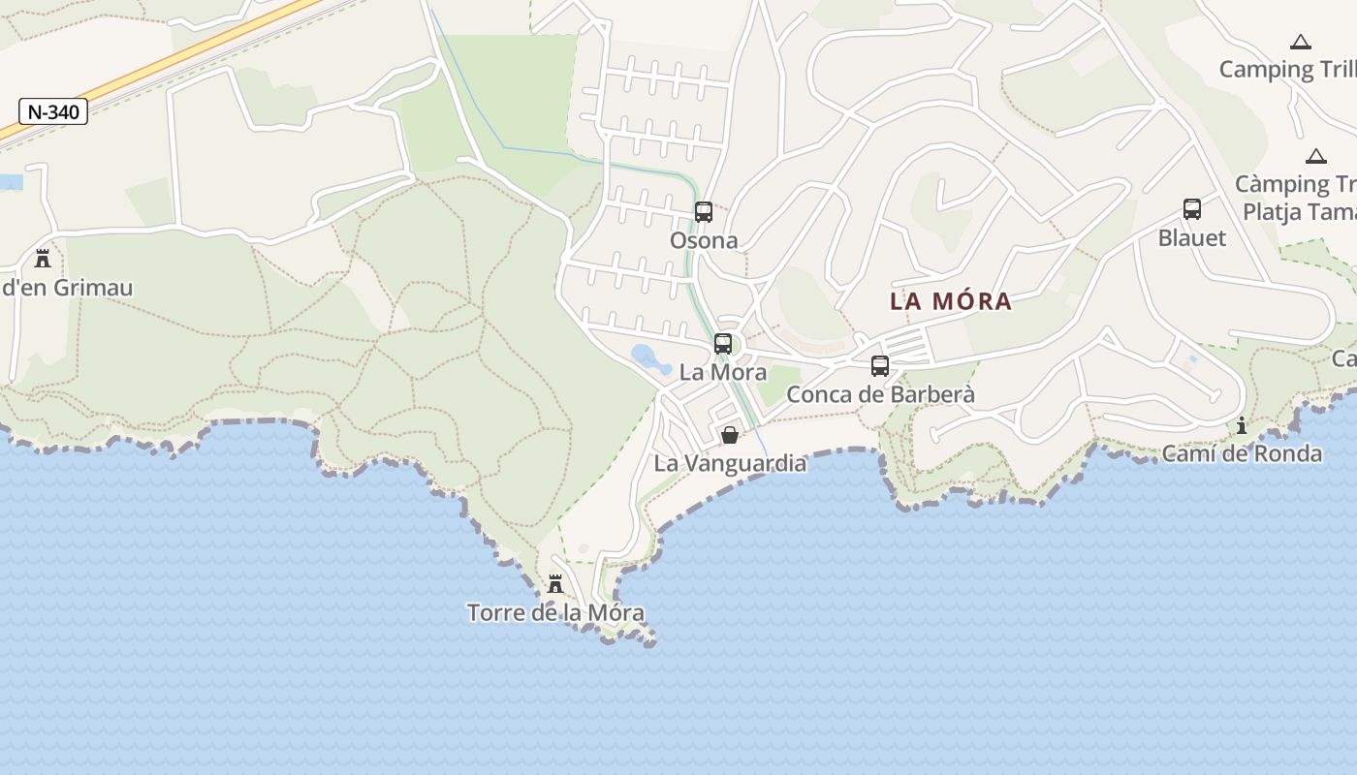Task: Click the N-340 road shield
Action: (53, 111)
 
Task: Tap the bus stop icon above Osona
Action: (704, 211)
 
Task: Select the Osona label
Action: (704, 240)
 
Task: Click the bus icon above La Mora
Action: (723, 343)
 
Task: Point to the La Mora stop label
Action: (723, 372)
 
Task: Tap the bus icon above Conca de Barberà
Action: (880, 365)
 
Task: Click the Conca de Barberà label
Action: (880, 394)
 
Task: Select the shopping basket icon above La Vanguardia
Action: (730, 435)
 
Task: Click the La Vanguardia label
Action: (730, 463)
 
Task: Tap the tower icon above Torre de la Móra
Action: (555, 584)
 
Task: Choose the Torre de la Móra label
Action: (555, 612)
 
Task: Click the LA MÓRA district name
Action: (951, 301)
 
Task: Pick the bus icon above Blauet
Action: (1192, 208)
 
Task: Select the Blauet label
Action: (1192, 237)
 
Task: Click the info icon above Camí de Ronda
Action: (1242, 425)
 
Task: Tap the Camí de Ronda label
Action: (1242, 453)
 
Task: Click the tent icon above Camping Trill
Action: (1301, 42)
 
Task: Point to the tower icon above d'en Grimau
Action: (43, 259)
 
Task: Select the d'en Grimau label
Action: (67, 288)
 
